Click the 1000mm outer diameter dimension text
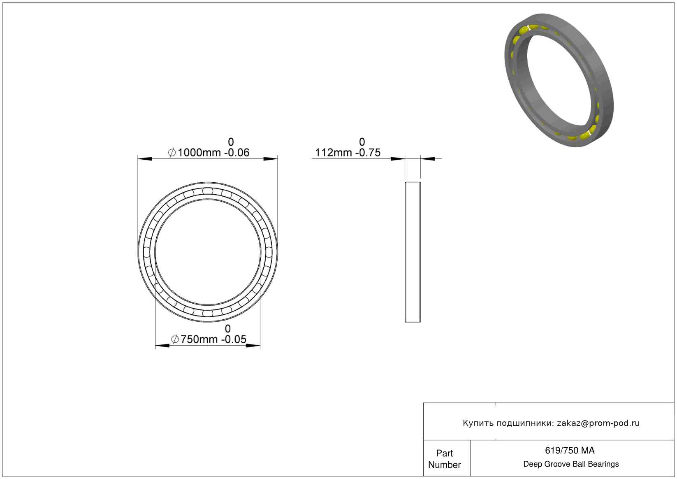pyautogui.click(x=199, y=153)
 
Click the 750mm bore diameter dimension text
pyautogui.click(x=199, y=339)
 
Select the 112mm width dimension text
pyautogui.click(x=333, y=153)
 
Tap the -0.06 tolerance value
pyautogui.click(x=236, y=153)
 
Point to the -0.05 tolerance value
pyautogui.click(x=234, y=339)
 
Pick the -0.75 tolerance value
pyautogui.click(x=368, y=153)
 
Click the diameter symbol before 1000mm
pyautogui.click(x=172, y=152)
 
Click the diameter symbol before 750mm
pyautogui.click(x=175, y=339)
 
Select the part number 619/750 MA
pyautogui.click(x=570, y=451)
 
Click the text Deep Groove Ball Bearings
pyautogui.click(x=571, y=464)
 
